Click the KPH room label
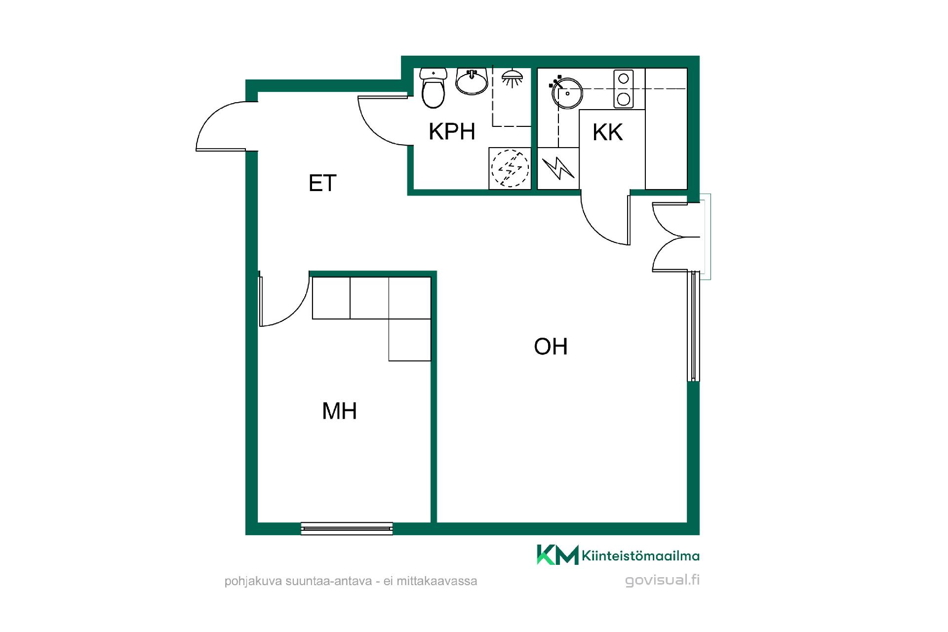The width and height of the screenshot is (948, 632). tap(452, 131)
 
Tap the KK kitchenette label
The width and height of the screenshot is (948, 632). tap(607, 132)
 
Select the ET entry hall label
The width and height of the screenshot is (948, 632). tap(322, 183)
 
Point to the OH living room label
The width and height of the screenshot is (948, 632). tap(551, 347)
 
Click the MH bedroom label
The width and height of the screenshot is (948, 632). tap(339, 411)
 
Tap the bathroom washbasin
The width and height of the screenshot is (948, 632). tap(472, 81)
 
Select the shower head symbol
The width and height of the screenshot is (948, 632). tap(513, 78)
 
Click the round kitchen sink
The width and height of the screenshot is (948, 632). tap(567, 93)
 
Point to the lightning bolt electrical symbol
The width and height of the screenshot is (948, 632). tap(558, 168)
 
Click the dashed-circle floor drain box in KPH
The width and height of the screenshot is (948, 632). tap(510, 168)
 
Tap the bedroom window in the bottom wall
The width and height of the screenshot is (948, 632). tap(347, 528)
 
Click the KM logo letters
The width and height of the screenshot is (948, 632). tap(557, 554)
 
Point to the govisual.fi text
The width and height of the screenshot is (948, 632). tap(662, 580)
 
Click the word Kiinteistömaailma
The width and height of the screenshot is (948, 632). tap(641, 556)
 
